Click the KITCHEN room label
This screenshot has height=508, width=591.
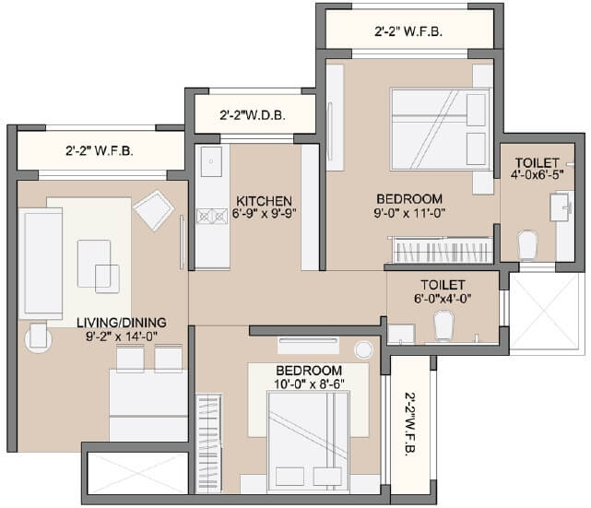tap(264, 200)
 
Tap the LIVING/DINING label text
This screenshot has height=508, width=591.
tap(122, 322)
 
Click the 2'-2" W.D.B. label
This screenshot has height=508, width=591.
tap(253, 116)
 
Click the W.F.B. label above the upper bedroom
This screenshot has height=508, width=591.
tap(408, 31)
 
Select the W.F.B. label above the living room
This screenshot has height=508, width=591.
tap(99, 150)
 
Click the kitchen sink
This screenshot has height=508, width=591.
tap(211, 160)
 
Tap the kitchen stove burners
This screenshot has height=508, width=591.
tap(212, 217)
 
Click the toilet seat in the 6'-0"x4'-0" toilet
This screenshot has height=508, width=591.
tap(443, 325)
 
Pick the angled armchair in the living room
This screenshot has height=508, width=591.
tap(153, 210)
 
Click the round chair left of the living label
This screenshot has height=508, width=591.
tap(38, 337)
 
